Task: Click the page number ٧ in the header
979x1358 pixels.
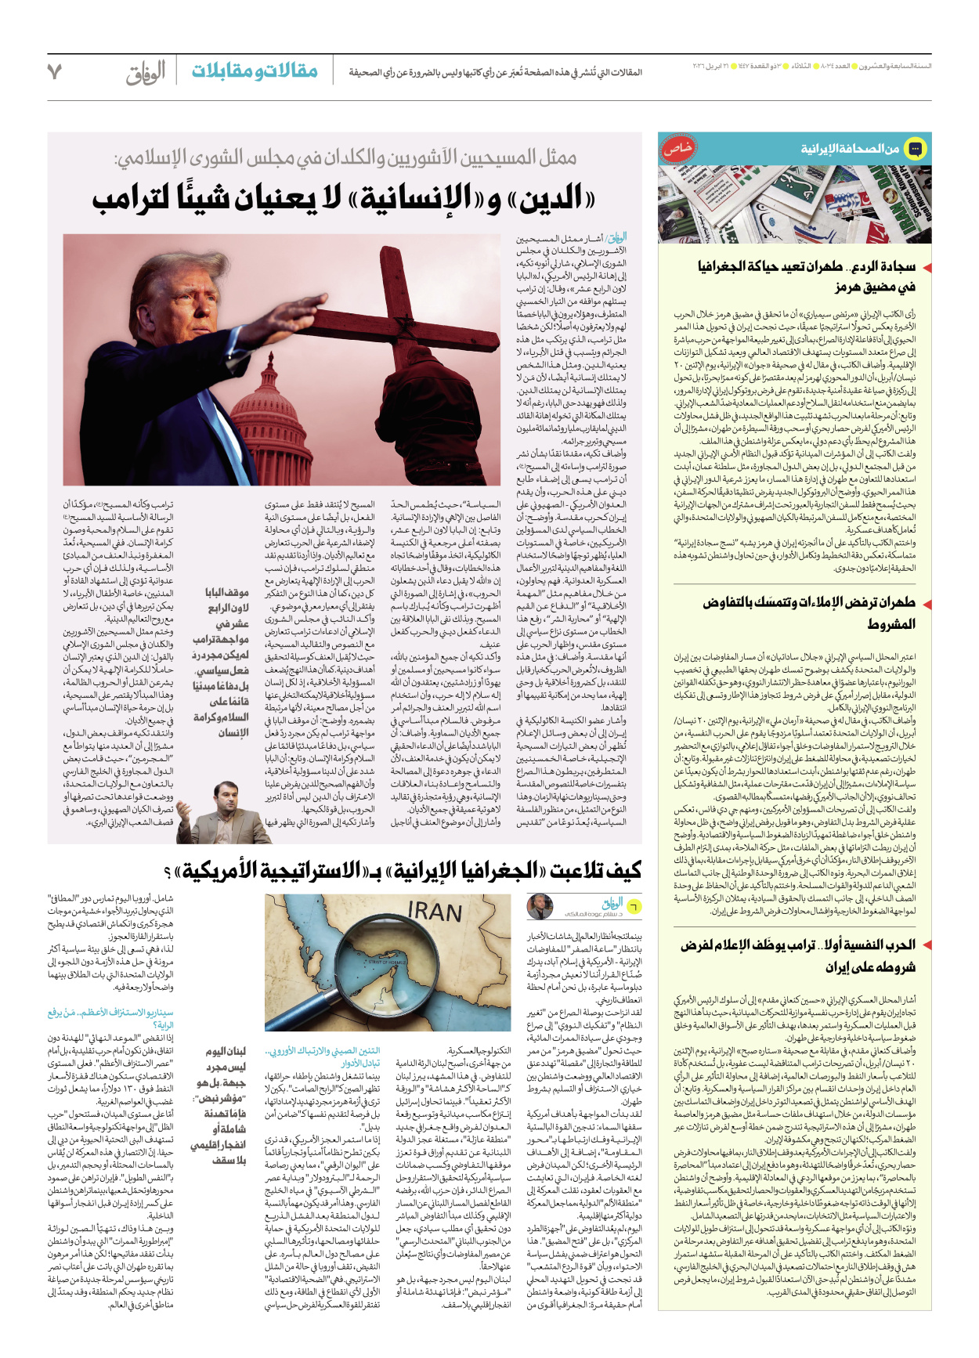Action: [x=55, y=72]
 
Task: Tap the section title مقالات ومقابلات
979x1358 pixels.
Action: [x=255, y=71]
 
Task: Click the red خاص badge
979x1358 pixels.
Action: [x=679, y=148]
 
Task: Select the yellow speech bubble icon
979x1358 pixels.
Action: [x=915, y=148]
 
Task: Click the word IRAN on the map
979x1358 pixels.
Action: [x=435, y=912]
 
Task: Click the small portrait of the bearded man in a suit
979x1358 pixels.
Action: [x=222, y=811]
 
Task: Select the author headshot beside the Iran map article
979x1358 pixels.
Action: [x=539, y=907]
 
